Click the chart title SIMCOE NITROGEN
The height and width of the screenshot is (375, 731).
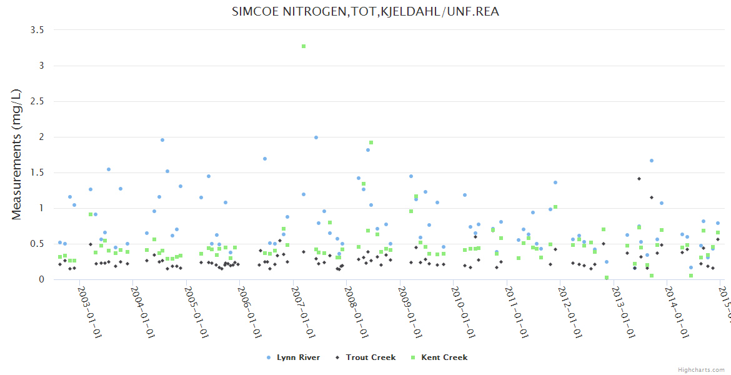[x=365, y=12]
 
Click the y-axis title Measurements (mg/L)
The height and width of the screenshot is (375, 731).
[x=17, y=154]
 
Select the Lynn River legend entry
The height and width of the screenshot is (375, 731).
[x=294, y=357]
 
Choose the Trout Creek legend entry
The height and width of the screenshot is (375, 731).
[x=366, y=357]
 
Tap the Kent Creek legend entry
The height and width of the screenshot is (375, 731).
[x=439, y=357]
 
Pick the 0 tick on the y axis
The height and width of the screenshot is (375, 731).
[x=42, y=279]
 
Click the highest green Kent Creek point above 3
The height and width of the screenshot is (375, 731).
[x=304, y=46]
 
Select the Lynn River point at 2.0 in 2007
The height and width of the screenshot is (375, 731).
[x=316, y=137]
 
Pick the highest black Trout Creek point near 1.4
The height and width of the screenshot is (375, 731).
[x=639, y=179]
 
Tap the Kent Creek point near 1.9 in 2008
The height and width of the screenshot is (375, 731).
[x=371, y=143]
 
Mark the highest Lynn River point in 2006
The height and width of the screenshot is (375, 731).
[x=265, y=159]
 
